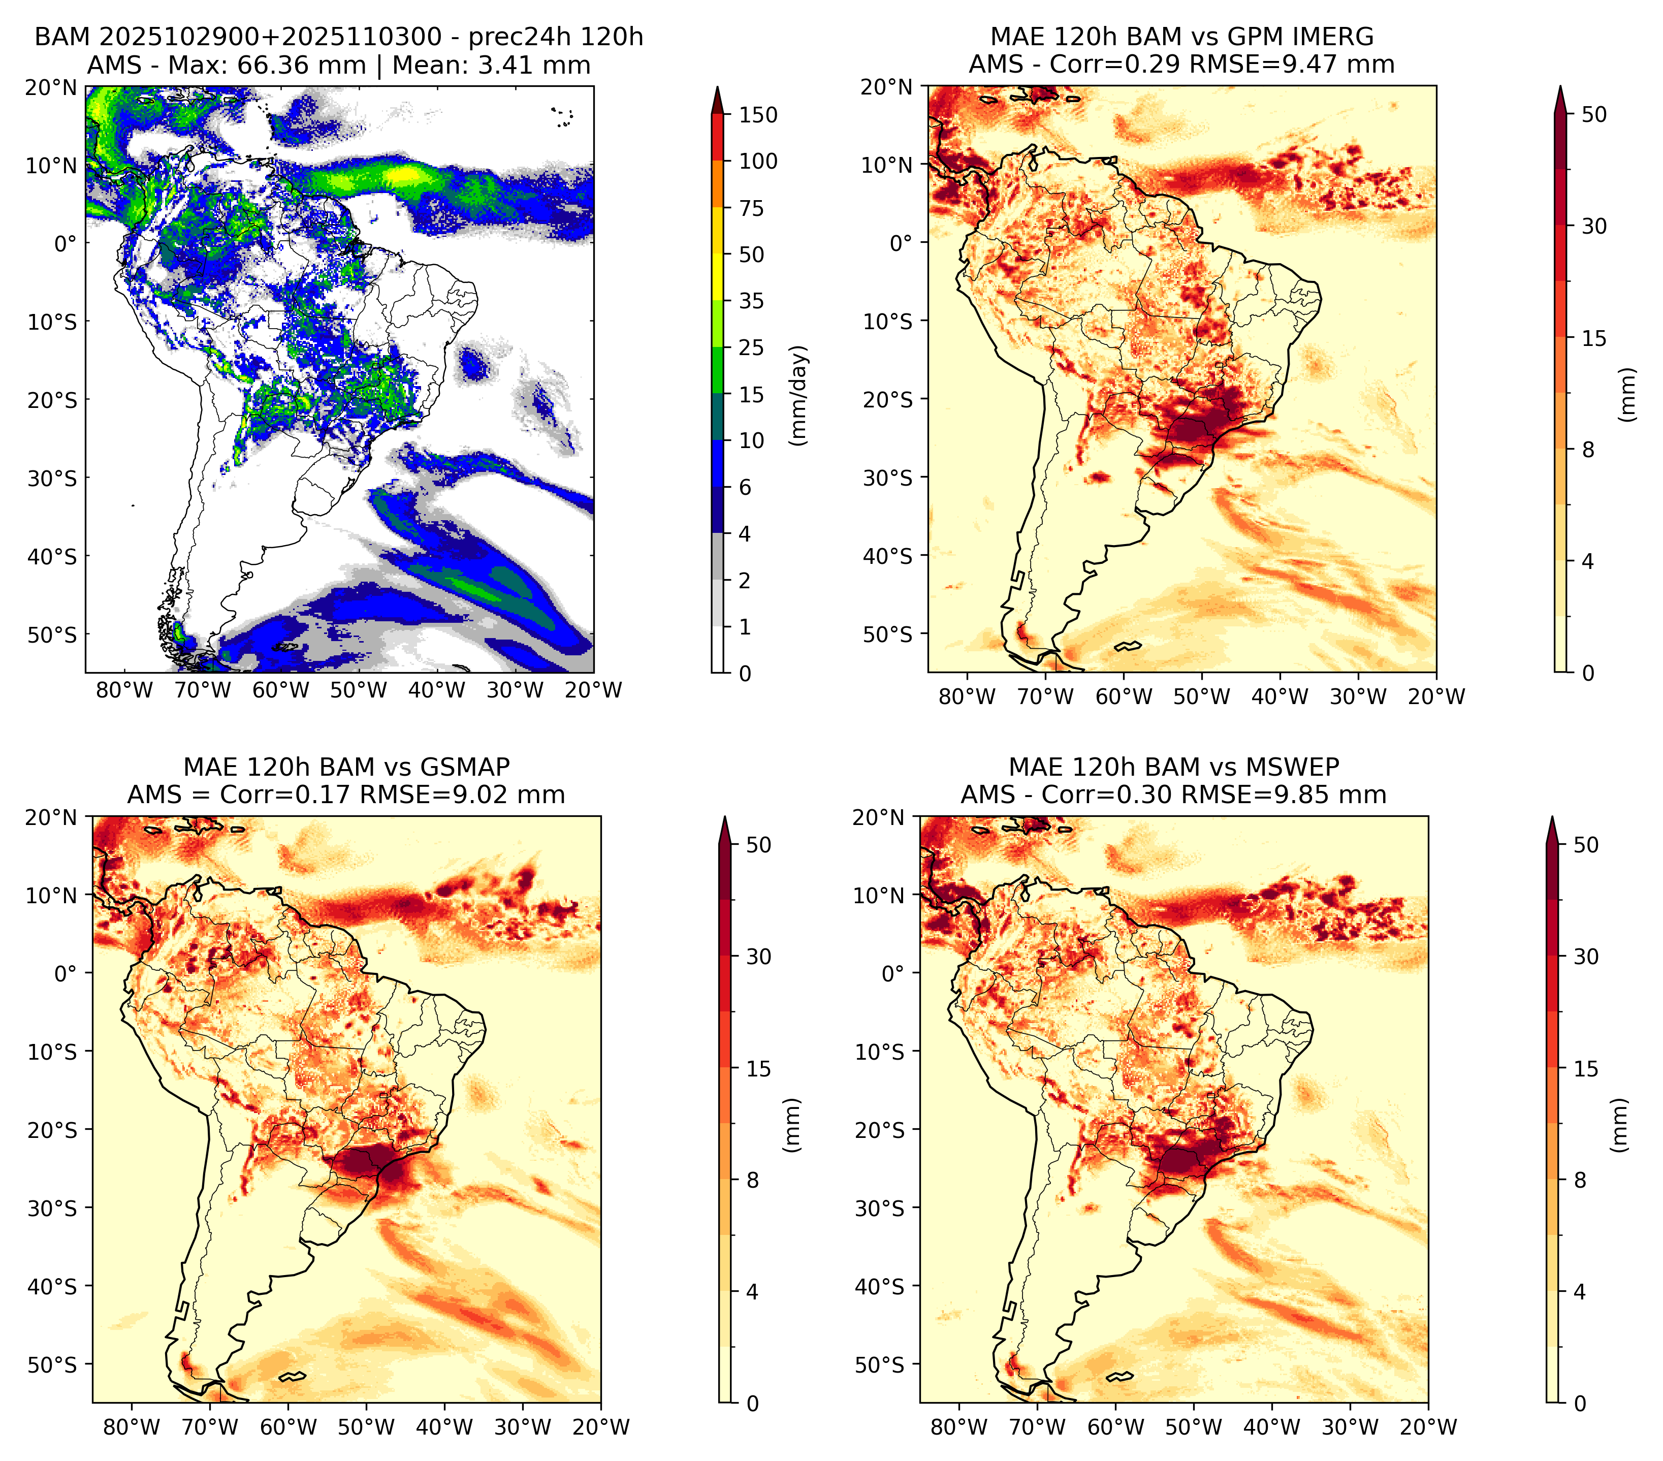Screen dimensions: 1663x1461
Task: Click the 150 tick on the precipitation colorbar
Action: [757, 115]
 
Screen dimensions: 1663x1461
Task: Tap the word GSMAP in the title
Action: [465, 767]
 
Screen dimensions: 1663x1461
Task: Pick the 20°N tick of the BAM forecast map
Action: [51, 87]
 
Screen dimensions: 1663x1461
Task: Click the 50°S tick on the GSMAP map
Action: [58, 1365]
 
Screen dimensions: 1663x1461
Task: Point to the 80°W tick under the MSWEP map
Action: [960, 1427]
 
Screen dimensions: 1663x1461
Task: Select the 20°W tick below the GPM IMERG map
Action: [1437, 696]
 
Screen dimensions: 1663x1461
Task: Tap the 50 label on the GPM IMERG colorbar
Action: [1594, 115]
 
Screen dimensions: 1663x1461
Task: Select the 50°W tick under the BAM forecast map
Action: [359, 691]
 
